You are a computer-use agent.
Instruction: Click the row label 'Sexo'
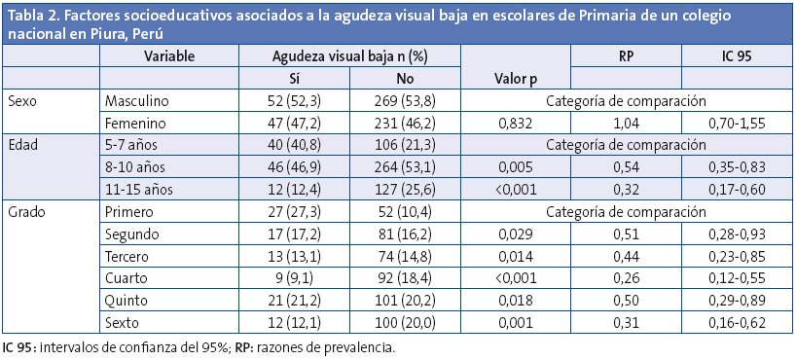coord(23,100)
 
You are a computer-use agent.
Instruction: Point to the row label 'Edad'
coord(24,145)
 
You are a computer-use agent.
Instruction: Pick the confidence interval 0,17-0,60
coord(737,190)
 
